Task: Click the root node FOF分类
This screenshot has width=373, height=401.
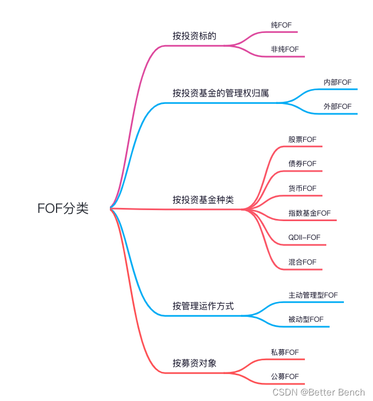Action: [x=63, y=209]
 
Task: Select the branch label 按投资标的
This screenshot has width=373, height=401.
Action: [x=194, y=36]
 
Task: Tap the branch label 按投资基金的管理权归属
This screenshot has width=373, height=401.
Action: [x=221, y=93]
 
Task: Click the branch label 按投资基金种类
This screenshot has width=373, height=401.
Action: [x=203, y=200]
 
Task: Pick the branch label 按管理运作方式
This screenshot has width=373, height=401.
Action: [x=203, y=306]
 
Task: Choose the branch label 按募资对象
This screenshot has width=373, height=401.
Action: [x=194, y=363]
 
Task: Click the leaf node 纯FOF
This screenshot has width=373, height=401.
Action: [x=282, y=25]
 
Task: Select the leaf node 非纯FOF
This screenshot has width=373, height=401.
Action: [x=285, y=49]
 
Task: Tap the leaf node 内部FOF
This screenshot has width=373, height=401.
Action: [x=337, y=82]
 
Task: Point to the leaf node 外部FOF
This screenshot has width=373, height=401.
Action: [x=337, y=106]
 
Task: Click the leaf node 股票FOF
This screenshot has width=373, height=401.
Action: [x=302, y=140]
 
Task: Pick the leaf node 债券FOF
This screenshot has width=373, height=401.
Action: [x=302, y=164]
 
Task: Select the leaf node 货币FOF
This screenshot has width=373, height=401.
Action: [x=302, y=188]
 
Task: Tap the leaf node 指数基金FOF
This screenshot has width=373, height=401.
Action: [x=309, y=213]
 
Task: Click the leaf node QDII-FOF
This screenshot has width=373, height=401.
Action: [x=304, y=237]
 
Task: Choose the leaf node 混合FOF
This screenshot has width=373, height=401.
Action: [x=302, y=262]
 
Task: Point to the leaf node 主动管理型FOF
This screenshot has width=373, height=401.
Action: [x=313, y=295]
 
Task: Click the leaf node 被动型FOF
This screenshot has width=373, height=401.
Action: [x=306, y=319]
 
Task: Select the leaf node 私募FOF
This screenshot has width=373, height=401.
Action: [x=285, y=352]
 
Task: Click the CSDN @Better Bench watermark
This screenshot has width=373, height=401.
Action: [x=319, y=392]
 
